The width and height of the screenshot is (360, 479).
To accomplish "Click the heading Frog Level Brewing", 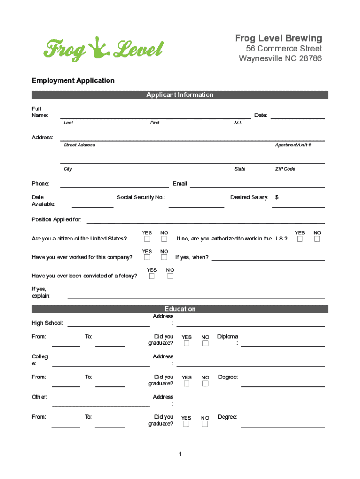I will [x=278, y=38].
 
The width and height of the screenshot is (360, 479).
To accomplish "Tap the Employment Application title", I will [x=73, y=80].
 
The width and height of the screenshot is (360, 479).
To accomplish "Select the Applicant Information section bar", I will [x=180, y=95].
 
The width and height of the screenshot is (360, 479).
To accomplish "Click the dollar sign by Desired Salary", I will [x=277, y=197].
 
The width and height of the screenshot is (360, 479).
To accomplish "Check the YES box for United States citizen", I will [x=147, y=239].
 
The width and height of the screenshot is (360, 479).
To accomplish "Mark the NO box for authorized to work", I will [x=317, y=239].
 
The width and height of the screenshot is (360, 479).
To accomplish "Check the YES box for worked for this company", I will [x=147, y=257].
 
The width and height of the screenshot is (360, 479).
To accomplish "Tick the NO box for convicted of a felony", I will [x=170, y=276].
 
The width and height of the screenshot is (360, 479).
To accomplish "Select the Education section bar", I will [x=180, y=309].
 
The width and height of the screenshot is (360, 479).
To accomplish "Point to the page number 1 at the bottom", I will [x=180, y=454].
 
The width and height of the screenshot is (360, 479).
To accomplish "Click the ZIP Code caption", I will [x=285, y=169].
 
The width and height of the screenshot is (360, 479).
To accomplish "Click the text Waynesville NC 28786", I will [x=280, y=58].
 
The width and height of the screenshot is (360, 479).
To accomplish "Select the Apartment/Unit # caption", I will [x=293, y=145].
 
